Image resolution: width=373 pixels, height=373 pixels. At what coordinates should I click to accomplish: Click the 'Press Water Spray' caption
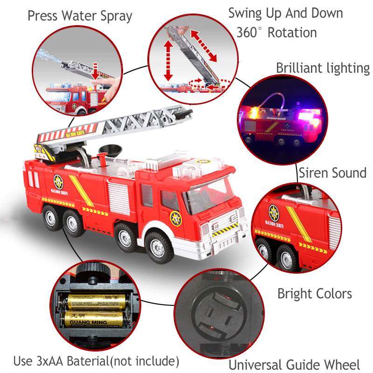[80, 16]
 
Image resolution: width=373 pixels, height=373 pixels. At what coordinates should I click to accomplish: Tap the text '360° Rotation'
[276, 33]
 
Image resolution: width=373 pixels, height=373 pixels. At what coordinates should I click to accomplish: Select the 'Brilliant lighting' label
[323, 68]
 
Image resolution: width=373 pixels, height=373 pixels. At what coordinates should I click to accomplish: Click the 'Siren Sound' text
[332, 173]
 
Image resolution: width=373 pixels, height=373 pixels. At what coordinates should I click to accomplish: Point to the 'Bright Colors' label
[315, 294]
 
